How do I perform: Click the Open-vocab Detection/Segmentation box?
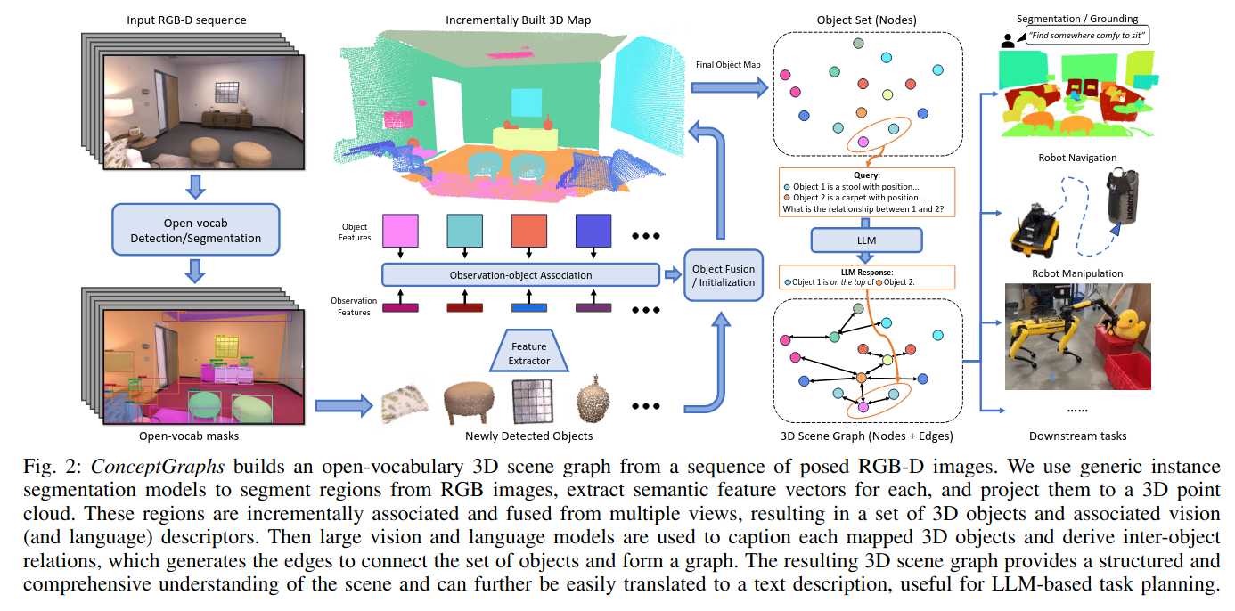[x=196, y=229]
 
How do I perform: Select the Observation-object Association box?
[x=520, y=275]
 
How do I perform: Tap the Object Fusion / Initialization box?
[x=723, y=275]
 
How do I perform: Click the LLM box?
[x=865, y=240]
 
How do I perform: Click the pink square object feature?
[x=400, y=230]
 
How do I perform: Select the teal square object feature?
[x=464, y=230]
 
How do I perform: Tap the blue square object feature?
[x=593, y=230]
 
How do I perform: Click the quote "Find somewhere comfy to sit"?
[x=1087, y=37]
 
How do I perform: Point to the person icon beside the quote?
[x=1008, y=39]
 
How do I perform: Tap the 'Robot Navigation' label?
[x=1077, y=158]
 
